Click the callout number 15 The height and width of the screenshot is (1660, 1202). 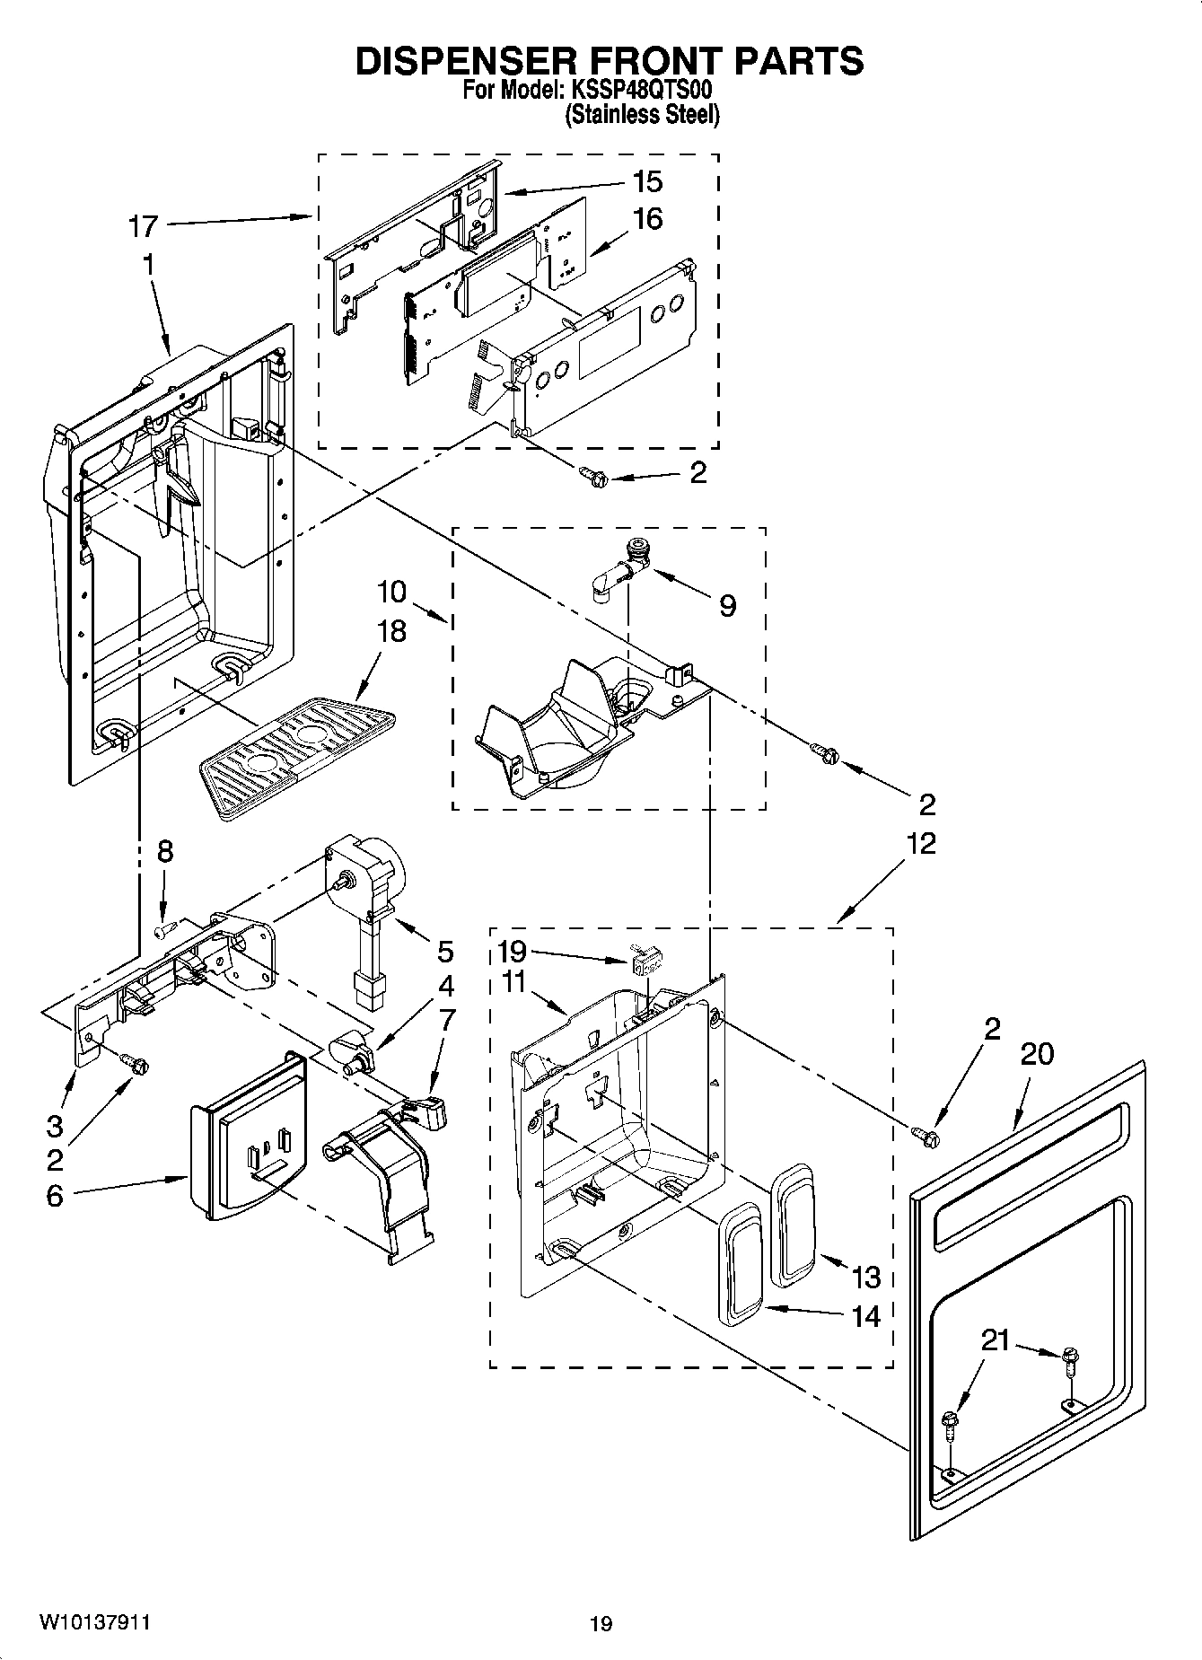(x=647, y=181)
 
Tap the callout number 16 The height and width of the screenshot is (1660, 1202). (x=647, y=218)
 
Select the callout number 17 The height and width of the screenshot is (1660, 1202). (x=143, y=226)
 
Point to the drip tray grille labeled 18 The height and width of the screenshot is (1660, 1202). (x=296, y=756)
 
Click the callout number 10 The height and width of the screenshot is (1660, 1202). (x=391, y=592)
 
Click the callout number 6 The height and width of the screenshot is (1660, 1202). (x=55, y=1196)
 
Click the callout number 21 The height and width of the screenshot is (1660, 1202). (x=995, y=1340)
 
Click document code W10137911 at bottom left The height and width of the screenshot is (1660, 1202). (x=93, y=1622)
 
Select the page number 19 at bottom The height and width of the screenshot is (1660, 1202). (x=601, y=1623)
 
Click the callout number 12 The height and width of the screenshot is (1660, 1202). (x=921, y=843)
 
